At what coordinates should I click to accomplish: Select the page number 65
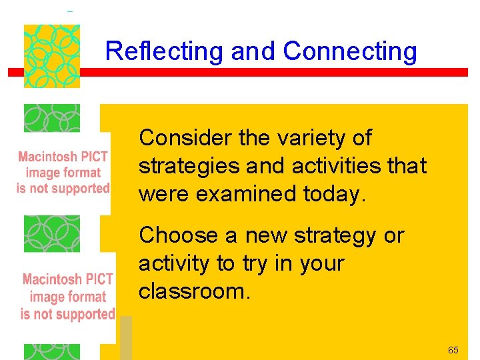coord(453,350)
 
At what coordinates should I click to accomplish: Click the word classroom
coord(194,291)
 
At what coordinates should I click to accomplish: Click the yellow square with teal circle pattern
coord(52,56)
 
